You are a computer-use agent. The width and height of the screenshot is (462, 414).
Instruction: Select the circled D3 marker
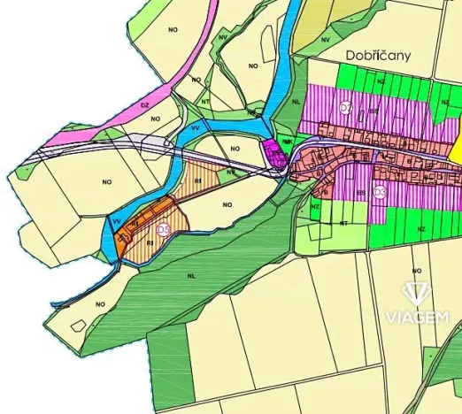[380, 191]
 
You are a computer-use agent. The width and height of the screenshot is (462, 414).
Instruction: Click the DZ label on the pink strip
[143, 104]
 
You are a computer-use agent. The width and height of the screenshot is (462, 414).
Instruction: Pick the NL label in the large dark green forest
[189, 275]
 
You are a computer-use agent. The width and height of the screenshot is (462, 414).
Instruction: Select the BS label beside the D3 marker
[361, 190]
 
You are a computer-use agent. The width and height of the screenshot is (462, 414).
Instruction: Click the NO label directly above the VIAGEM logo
[415, 269]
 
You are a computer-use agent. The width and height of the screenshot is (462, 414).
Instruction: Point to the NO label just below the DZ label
[155, 118]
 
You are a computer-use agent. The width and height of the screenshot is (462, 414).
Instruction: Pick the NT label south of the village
[343, 224]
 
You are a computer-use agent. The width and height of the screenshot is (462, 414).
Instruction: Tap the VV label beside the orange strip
[116, 220]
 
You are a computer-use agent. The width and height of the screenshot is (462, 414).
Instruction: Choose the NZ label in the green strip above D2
[380, 80]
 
